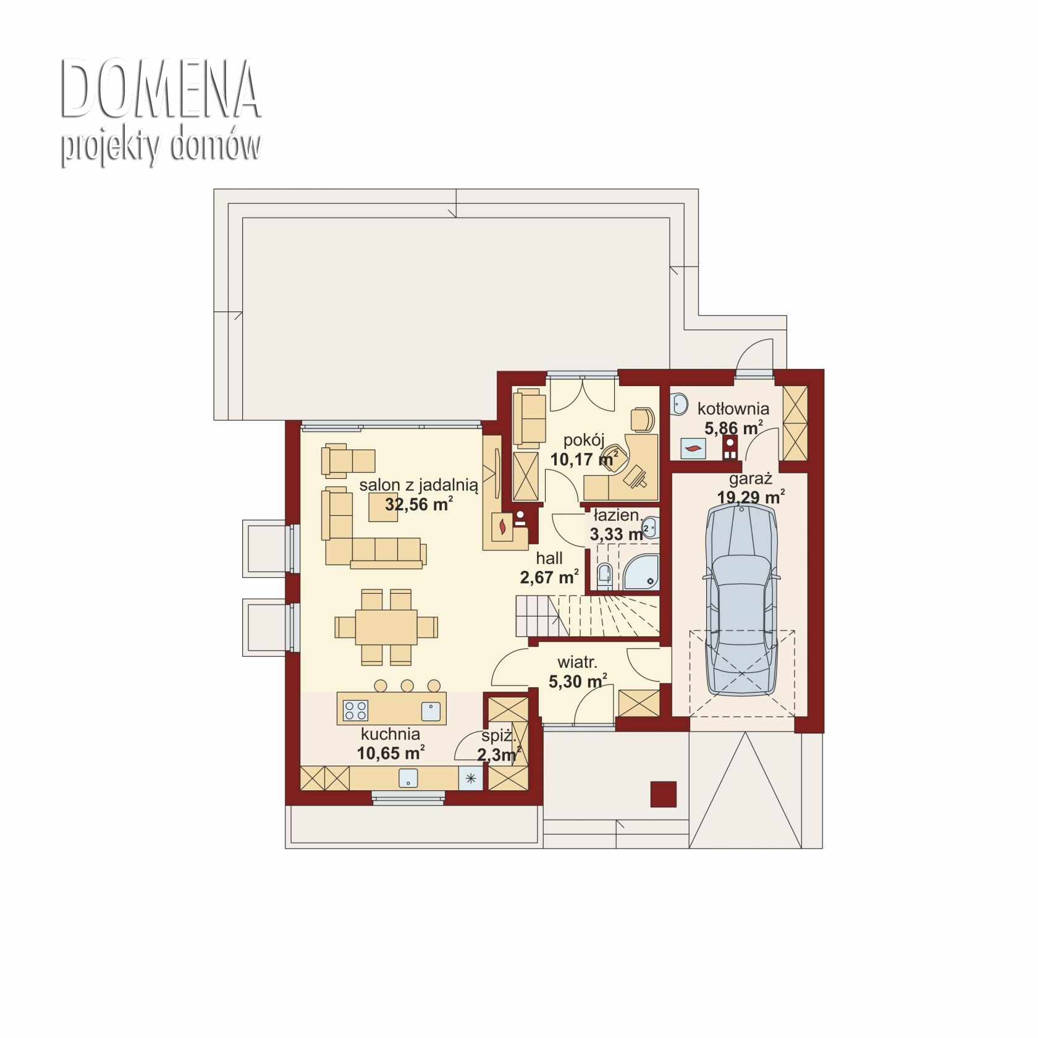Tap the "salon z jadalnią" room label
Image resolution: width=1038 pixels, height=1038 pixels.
point(418,485)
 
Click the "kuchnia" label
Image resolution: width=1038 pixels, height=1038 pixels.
point(390,734)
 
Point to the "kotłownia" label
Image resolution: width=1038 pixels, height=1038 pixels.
point(733,408)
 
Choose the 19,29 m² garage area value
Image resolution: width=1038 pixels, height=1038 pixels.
point(751,497)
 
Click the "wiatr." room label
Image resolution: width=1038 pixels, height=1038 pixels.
point(577,663)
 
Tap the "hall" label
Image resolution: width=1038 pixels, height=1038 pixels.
point(549,559)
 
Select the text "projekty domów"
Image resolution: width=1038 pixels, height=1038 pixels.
point(161,146)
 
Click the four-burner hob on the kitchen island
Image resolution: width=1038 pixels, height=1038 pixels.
point(356,710)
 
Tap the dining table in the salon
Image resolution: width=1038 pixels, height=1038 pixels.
point(386,627)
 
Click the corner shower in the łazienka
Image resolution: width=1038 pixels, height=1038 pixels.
point(641,571)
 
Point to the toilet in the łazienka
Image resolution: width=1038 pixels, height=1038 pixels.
point(604,574)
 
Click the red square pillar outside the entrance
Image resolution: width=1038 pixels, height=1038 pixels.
point(663,794)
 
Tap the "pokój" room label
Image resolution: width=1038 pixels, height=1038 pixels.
point(584,441)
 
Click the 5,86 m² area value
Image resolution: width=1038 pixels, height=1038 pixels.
point(734,428)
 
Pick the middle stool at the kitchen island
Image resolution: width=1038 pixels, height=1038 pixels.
point(407,685)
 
